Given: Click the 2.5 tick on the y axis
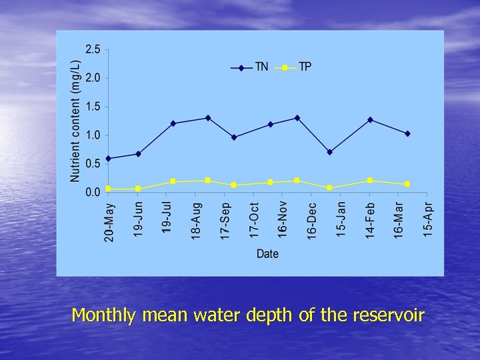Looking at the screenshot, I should [92, 49].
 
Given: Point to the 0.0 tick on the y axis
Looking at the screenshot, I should [92, 192].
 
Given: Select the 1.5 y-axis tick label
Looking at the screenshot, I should [92, 107].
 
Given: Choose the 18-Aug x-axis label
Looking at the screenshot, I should [196, 221].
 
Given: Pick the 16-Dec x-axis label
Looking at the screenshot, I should [311, 220].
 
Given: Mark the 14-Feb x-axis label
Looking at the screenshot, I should [370, 220].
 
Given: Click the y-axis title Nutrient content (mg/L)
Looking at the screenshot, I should [75, 121].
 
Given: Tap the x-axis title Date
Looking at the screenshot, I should [267, 253].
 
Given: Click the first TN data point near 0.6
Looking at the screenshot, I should [108, 159].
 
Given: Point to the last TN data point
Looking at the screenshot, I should [407, 133].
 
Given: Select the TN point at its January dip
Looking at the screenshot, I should [329, 152].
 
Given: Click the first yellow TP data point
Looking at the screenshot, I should [108, 189].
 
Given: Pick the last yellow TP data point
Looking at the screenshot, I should [407, 184].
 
